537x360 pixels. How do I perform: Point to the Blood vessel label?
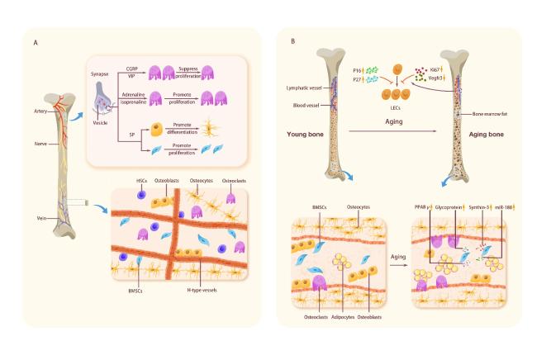(x=310, y=105)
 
